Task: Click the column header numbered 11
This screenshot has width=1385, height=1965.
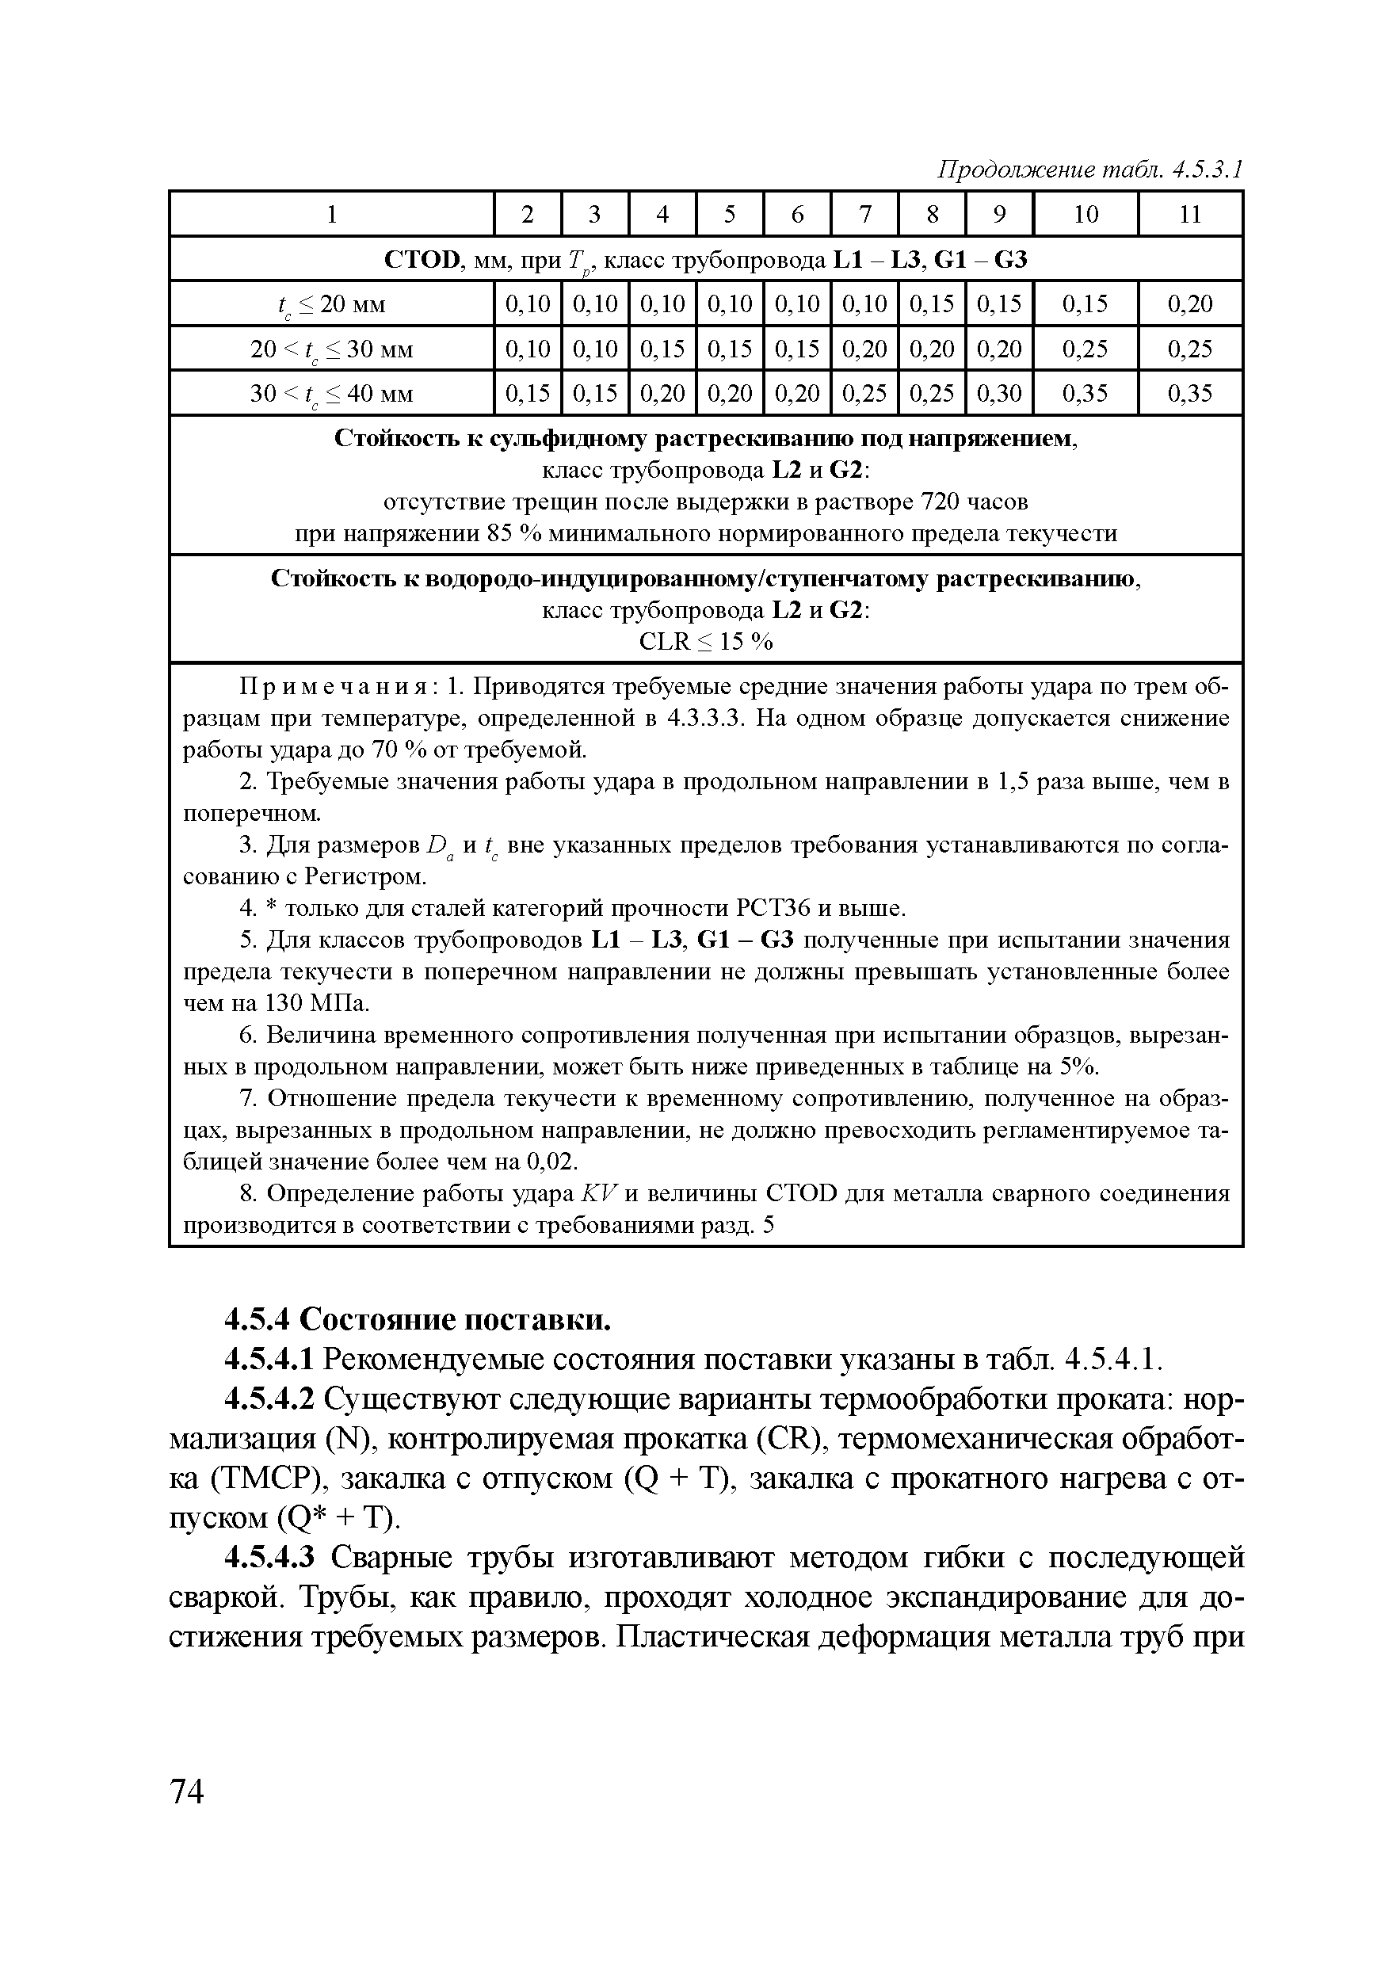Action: [x=1190, y=214]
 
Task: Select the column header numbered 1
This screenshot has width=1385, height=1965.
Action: [x=331, y=214]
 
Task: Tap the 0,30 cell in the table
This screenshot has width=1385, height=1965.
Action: [x=999, y=393]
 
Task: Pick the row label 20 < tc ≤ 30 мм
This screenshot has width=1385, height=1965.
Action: [x=331, y=349]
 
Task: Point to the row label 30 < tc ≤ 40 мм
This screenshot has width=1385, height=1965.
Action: [x=331, y=394]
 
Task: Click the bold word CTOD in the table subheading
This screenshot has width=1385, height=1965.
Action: [x=422, y=259]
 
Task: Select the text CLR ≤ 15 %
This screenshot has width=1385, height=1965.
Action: [x=705, y=642]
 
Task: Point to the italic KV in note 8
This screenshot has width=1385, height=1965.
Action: [x=593, y=1194]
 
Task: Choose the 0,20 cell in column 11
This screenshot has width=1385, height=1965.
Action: [x=1190, y=303]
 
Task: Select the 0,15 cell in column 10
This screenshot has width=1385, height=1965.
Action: [x=1085, y=303]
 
